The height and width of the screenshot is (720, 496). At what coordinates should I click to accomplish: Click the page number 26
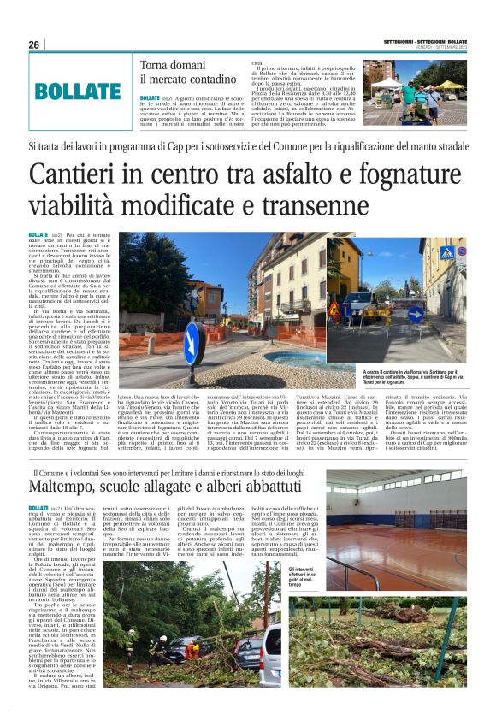pyautogui.click(x=34, y=44)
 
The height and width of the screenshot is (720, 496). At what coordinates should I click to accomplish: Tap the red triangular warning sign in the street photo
pyautogui.click(x=334, y=309)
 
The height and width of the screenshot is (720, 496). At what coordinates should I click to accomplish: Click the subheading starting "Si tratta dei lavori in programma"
pyautogui.click(x=247, y=147)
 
